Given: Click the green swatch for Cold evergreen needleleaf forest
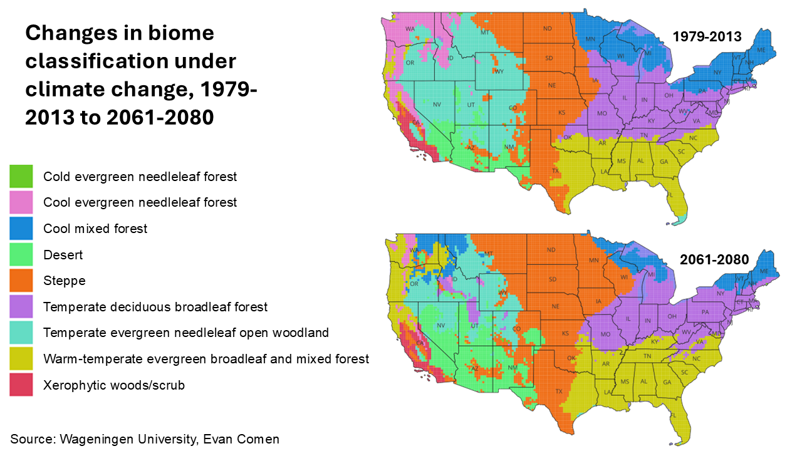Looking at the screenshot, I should [21, 177].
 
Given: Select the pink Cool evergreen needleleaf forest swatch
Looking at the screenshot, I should [21, 202].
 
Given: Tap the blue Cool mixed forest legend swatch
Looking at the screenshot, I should [21, 229].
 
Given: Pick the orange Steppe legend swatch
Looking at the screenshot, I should [21, 281].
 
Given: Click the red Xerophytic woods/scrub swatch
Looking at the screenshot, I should [21, 385].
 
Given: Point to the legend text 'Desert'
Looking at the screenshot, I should [63, 255].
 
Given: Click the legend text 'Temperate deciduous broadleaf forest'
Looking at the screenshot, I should [155, 307].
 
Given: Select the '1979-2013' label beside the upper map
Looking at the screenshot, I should [707, 37].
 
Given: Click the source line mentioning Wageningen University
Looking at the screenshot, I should [145, 439].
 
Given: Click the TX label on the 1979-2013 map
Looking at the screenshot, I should [555, 171].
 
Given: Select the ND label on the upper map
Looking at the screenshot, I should [548, 28].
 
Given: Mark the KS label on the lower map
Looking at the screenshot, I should [565, 333].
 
